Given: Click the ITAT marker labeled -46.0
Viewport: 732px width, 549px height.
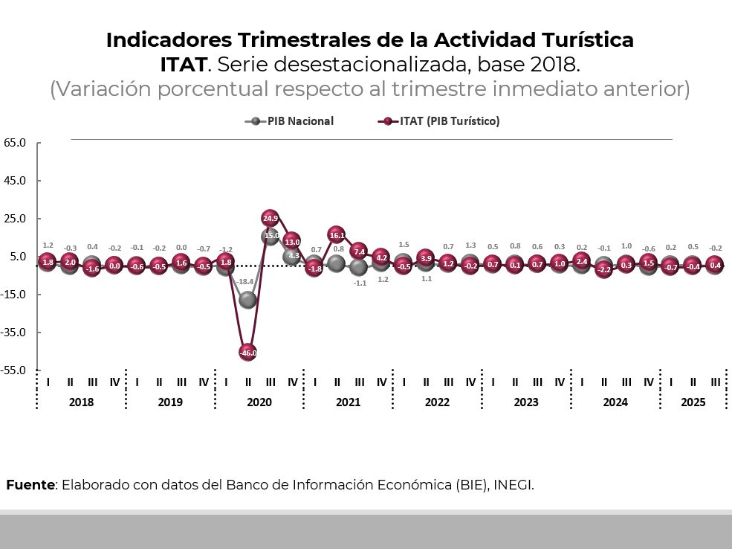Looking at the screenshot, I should pos(248,353).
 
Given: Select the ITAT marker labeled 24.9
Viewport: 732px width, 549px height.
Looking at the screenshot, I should pos(271,218).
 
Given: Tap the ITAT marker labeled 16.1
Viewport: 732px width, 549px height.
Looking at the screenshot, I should pos(337,234).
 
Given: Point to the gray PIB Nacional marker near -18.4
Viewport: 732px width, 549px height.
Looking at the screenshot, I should pos(248,300).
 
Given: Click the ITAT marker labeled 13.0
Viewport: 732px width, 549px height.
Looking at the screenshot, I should pos(292,241).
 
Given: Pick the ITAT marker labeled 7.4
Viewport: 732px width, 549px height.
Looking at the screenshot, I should pos(359,251).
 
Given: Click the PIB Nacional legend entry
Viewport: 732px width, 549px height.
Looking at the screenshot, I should pos(290,121).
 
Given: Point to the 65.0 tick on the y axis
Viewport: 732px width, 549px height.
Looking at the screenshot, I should pos(15,142).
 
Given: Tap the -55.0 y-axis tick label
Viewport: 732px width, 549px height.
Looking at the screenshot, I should pos(15,370).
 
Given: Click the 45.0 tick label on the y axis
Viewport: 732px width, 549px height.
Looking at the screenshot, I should pos(15,180).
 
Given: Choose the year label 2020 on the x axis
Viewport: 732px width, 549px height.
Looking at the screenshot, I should pos(259,402).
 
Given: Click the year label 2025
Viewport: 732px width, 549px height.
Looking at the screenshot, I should pos(693,402).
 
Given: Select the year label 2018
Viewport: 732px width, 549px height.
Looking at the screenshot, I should pos(81,402).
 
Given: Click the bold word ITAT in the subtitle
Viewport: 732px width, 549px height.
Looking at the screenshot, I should pos(183,64).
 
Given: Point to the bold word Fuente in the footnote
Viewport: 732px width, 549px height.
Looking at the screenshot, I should pos(30,485).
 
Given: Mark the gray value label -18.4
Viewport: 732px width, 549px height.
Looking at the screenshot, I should pos(244,281).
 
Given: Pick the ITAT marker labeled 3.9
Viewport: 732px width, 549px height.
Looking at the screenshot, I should pos(426,258).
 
